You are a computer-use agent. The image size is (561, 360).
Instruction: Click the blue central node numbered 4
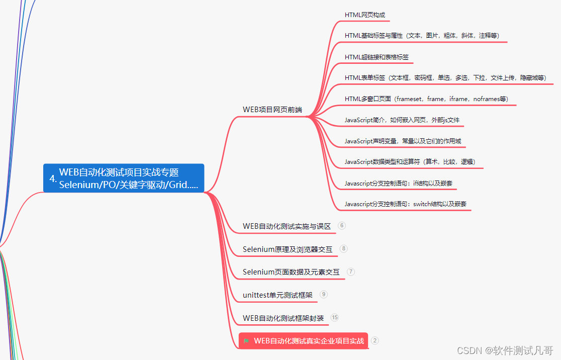tap(124, 178)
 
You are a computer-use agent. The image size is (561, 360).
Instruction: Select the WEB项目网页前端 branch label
tap(272, 109)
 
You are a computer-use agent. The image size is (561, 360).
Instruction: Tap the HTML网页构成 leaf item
tap(365, 15)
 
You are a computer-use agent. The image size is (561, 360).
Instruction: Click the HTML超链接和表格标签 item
tap(377, 57)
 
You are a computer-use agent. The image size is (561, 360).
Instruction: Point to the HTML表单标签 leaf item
tap(445, 78)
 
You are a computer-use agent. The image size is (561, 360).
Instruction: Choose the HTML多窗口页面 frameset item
tap(426, 99)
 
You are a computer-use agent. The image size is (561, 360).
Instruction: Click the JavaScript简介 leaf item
tap(402, 120)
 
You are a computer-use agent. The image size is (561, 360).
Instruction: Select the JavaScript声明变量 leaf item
tap(403, 141)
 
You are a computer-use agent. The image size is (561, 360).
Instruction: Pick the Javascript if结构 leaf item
tap(399, 183)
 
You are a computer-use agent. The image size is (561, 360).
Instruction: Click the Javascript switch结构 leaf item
tap(406, 204)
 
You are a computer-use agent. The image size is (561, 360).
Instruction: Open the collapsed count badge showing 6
tap(342, 226)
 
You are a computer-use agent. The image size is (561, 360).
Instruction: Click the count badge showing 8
tap(343, 248)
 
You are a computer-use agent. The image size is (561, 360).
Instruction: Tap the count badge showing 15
tap(335, 317)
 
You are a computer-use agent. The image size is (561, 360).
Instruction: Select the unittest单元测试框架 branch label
tap(277, 295)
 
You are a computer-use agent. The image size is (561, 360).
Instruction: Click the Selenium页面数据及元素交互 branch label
tap(291, 272)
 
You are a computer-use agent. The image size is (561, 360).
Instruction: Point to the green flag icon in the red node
tap(246, 341)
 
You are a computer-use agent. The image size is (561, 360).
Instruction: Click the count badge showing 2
tap(375, 340)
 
